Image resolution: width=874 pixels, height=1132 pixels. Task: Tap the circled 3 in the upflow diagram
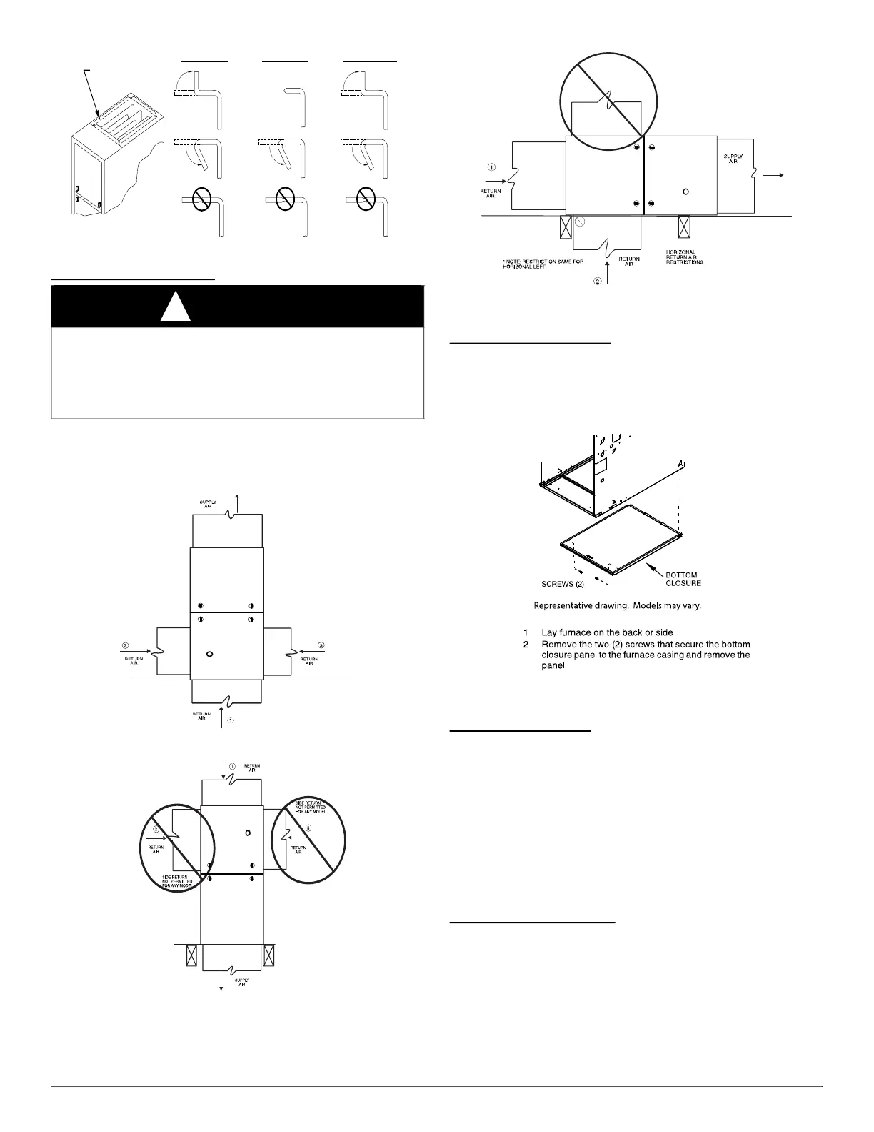(321, 645)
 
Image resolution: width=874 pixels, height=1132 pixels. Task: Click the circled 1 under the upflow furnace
(231, 721)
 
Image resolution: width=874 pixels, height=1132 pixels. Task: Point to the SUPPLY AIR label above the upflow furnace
(208, 505)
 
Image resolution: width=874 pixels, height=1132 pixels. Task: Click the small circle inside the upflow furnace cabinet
(209, 653)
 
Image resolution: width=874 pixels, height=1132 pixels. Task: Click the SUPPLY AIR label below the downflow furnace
(242, 983)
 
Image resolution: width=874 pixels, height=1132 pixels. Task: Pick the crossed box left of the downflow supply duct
(191, 955)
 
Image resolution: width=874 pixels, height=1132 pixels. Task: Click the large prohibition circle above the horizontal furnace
(601, 93)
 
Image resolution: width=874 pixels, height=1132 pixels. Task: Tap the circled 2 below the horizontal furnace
(598, 281)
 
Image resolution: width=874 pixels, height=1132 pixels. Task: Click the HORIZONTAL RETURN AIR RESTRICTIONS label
(685, 257)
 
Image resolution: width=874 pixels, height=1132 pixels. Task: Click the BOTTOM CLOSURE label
(683, 579)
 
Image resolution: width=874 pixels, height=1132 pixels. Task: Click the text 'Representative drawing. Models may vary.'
(618, 606)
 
